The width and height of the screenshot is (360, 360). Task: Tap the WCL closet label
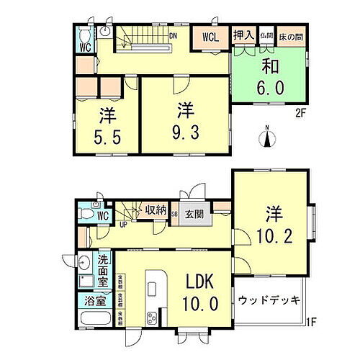pos(210,36)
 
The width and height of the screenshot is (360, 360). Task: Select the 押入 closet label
pos(243,35)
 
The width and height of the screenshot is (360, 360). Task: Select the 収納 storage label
pos(156,211)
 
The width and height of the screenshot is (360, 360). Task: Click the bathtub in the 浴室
pos(93,318)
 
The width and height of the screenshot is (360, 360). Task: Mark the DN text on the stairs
pos(174,34)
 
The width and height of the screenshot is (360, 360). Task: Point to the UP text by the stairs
pos(122,223)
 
